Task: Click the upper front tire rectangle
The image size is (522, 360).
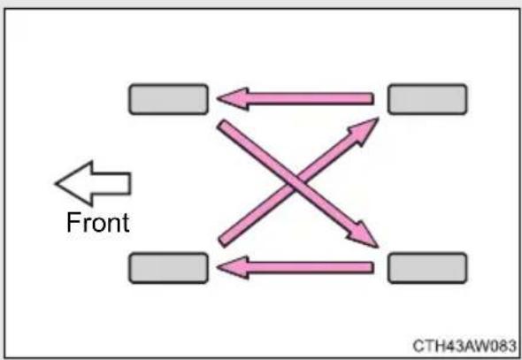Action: pyautogui.click(x=168, y=99)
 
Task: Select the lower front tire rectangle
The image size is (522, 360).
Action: pyautogui.click(x=168, y=268)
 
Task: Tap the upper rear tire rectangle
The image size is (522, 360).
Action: pyautogui.click(x=427, y=99)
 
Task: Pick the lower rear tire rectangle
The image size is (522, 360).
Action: pyautogui.click(x=427, y=268)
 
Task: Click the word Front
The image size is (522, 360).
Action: pyautogui.click(x=98, y=222)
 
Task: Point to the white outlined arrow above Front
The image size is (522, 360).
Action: pyautogui.click(x=93, y=183)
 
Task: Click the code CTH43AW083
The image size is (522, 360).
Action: pyautogui.click(x=464, y=346)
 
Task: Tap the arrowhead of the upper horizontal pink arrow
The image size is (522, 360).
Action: pyautogui.click(x=233, y=98)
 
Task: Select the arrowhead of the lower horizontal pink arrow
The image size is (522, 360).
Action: pyautogui.click(x=233, y=267)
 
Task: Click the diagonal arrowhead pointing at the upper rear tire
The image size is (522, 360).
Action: pyautogui.click(x=365, y=131)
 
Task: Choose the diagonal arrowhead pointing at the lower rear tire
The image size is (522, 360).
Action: pyautogui.click(x=364, y=235)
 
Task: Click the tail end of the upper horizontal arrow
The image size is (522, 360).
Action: pyautogui.click(x=372, y=98)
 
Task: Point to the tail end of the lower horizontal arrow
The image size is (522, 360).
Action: pyautogui.click(x=372, y=267)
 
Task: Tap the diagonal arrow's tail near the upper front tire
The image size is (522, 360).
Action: pyautogui.click(x=222, y=125)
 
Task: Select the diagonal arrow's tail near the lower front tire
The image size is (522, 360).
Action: pyautogui.click(x=223, y=241)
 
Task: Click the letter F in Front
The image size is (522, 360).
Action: pyautogui.click(x=73, y=222)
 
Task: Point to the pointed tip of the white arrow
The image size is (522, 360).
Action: pyautogui.click(x=56, y=183)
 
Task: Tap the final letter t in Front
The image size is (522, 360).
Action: pyautogui.click(x=126, y=223)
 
